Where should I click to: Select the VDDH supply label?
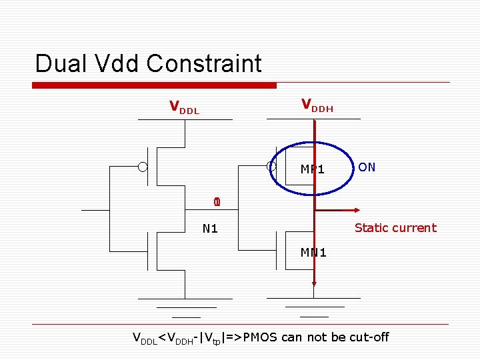click(x=317, y=105)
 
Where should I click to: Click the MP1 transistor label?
click(x=312, y=169)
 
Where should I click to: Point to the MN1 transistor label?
click(x=313, y=252)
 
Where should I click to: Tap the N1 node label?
click(x=210, y=229)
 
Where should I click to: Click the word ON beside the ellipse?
click(x=367, y=167)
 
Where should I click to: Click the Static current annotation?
click(x=395, y=228)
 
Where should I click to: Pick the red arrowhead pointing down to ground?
click(x=313, y=287)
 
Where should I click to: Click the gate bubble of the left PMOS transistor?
click(x=143, y=167)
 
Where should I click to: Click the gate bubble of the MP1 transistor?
click(x=271, y=167)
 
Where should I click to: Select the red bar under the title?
click(x=155, y=85)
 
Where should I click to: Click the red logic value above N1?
click(x=216, y=202)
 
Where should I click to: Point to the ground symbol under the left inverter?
click(x=185, y=308)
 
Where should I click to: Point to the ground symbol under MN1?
click(x=314, y=308)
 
